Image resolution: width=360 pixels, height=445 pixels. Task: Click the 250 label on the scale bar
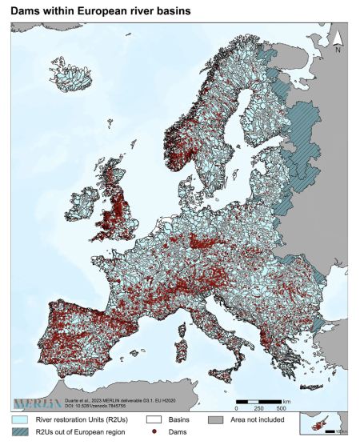[x=259, y=407]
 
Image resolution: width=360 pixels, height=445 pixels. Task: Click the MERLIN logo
[x=36, y=400]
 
